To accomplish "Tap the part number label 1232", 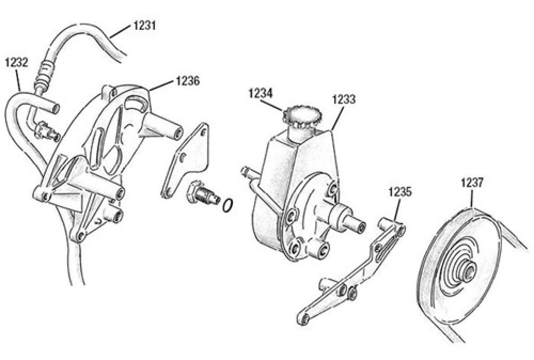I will pyautogui.click(x=16, y=62).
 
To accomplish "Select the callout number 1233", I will pyautogui.click(x=344, y=99).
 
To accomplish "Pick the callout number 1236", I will pyautogui.click(x=187, y=81).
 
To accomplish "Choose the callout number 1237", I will pyautogui.click(x=473, y=183).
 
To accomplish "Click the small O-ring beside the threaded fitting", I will pyautogui.click(x=228, y=205).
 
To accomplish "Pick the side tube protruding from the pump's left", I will pyautogui.click(x=247, y=172).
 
